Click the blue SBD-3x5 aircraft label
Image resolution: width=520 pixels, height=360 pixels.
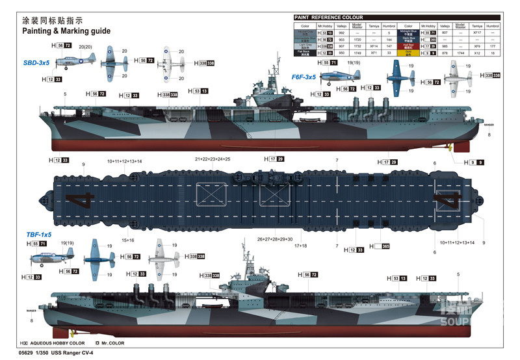point(36,63)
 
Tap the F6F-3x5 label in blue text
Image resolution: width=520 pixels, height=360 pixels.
point(303,77)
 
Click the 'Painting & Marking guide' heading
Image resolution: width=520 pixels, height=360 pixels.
point(66,31)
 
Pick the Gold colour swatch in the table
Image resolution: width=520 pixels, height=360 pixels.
point(409,53)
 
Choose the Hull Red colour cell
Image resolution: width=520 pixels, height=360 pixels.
point(409,46)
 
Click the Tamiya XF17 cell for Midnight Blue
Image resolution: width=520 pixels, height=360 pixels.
point(476,32)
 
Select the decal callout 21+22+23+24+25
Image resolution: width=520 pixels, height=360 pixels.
point(213,159)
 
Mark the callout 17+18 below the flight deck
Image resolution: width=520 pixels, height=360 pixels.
point(301,246)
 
